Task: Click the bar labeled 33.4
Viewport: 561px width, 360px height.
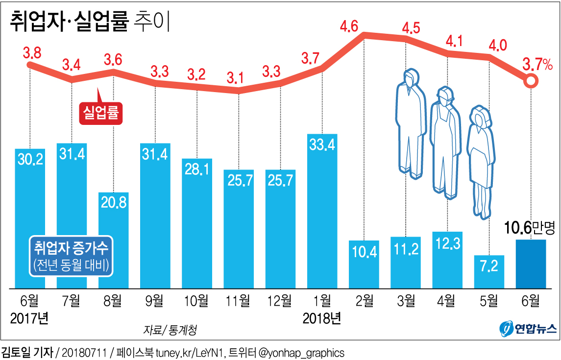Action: (322, 211)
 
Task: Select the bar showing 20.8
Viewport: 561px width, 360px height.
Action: (114, 240)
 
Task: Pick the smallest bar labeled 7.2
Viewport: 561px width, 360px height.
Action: (489, 271)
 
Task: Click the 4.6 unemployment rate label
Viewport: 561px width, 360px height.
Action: (364, 25)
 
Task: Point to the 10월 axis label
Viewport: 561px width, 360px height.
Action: (197, 300)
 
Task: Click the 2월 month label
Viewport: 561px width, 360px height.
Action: (364, 300)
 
